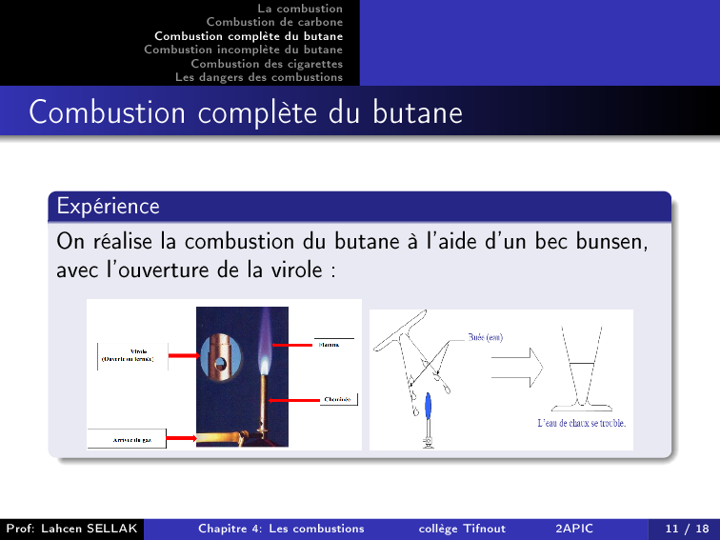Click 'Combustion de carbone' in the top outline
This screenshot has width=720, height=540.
[x=274, y=22]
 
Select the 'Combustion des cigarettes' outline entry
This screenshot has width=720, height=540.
[x=267, y=64]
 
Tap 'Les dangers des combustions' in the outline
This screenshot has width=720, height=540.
[x=259, y=77]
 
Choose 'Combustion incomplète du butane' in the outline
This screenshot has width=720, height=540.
[x=244, y=50]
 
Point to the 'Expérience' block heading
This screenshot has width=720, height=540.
[x=108, y=206]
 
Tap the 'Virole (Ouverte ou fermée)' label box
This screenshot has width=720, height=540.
[x=132, y=356]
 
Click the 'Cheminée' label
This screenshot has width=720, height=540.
[x=337, y=399]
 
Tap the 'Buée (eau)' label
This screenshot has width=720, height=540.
[x=488, y=336]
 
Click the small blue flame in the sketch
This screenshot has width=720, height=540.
[x=430, y=407]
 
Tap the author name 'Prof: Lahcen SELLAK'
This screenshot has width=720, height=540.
[x=71, y=529]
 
